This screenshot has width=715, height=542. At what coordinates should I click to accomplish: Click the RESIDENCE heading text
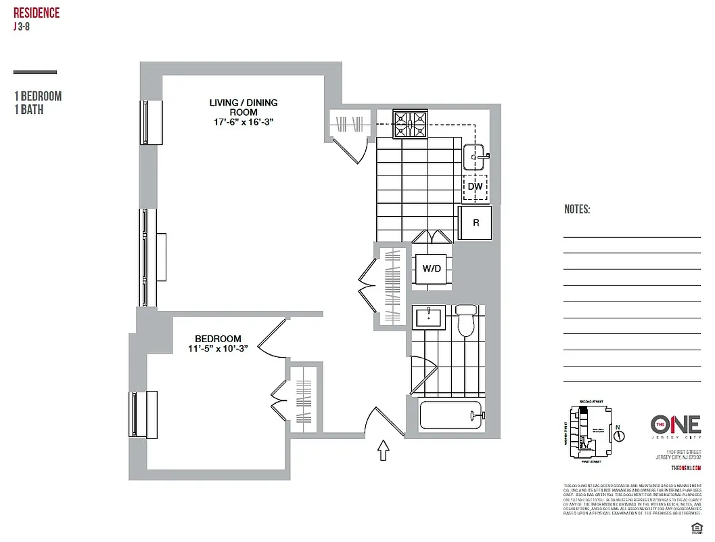(37, 13)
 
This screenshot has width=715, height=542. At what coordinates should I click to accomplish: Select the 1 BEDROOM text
(38, 96)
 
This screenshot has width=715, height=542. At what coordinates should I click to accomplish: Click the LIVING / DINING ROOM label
(243, 107)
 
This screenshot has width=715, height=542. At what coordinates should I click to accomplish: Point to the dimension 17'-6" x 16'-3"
(243, 122)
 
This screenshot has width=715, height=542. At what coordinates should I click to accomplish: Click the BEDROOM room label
(218, 339)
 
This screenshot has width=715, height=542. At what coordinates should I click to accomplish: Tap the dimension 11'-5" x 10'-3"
(218, 349)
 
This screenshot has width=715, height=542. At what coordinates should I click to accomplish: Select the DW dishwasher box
(475, 186)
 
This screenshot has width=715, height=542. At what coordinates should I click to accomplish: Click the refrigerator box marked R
(476, 222)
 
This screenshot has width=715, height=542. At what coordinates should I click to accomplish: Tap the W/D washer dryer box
(432, 269)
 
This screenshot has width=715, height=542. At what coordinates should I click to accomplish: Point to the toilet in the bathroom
(466, 322)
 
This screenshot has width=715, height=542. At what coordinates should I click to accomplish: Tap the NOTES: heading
(577, 209)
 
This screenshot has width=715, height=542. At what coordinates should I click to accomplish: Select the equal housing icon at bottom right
(694, 527)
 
